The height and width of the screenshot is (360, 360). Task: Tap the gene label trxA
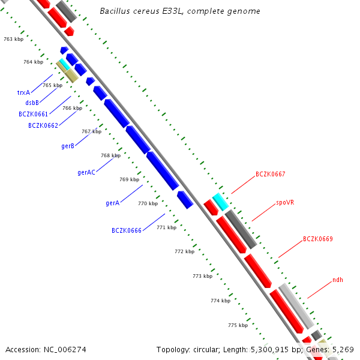point(23,92)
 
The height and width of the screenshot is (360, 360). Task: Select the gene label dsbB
point(32,103)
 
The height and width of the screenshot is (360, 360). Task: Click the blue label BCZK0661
point(33,114)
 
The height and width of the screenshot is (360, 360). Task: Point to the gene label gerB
point(68,146)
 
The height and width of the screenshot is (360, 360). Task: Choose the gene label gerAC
point(86,172)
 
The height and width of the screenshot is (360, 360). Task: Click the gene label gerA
point(113,203)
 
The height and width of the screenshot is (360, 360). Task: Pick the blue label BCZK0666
point(127,230)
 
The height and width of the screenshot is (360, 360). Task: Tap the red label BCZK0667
point(270,174)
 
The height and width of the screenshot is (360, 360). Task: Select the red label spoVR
point(285,203)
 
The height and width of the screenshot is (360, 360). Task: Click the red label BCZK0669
point(317,239)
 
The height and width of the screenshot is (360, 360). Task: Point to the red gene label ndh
point(338,280)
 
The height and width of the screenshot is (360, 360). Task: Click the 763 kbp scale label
point(14,39)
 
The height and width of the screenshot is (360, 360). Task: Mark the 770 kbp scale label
point(148,203)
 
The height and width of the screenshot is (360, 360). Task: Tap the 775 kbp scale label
point(238,325)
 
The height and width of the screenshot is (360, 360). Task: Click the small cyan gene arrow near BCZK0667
point(221,202)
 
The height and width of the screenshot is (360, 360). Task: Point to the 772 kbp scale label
point(185,251)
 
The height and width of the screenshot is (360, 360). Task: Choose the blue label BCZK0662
point(43,125)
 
